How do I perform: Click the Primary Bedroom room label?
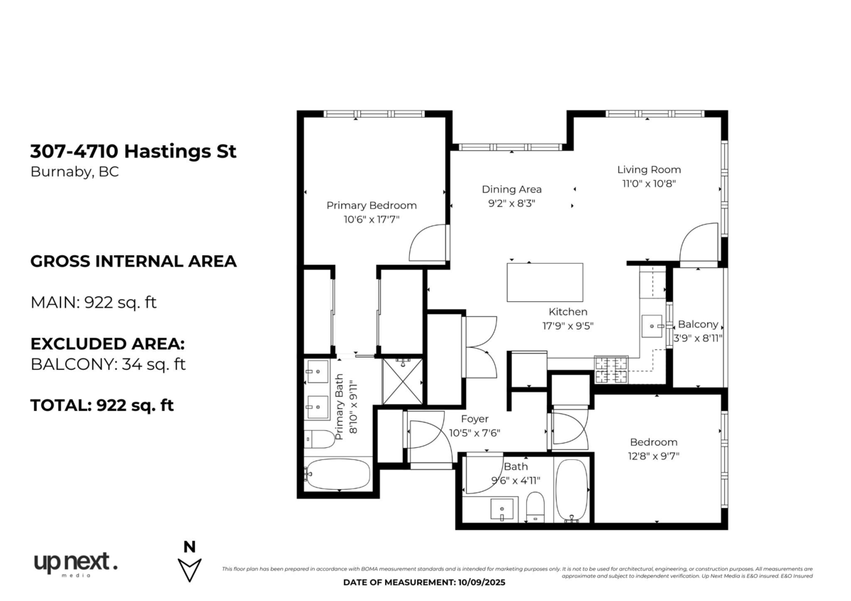click(x=372, y=206)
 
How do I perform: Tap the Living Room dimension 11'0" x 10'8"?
click(x=649, y=184)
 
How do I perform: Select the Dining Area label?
click(x=512, y=189)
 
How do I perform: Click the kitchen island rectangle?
click(x=545, y=282)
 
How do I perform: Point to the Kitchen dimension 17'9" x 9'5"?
click(x=568, y=326)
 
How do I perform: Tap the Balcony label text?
click(x=698, y=324)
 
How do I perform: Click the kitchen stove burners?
click(x=611, y=370)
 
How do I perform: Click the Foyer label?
click(x=474, y=419)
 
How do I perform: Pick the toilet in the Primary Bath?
click(x=319, y=439)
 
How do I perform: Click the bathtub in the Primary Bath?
click(x=338, y=474)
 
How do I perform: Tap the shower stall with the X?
click(x=402, y=381)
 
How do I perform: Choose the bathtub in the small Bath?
click(x=572, y=490)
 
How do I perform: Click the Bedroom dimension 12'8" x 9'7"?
click(x=653, y=456)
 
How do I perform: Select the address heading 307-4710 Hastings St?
click(x=133, y=151)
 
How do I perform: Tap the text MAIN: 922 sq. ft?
click(x=94, y=303)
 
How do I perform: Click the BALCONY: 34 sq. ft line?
click(x=108, y=364)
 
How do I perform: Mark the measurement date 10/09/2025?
click(x=480, y=583)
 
